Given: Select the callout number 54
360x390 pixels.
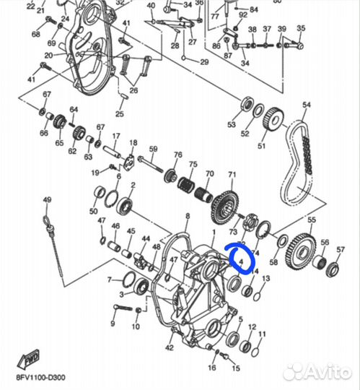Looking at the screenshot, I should pos(306,105).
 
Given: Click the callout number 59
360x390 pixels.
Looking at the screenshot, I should pos(153,149).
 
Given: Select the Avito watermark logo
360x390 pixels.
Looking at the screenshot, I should pos(318,372).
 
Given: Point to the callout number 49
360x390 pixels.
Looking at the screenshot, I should pos(47,199).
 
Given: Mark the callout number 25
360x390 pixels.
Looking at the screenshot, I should pos(120,113).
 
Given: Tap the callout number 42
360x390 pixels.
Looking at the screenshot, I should pos(169,348).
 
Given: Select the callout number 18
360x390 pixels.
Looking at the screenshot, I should pos(133,144).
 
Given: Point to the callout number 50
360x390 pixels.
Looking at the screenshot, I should pos(93,211).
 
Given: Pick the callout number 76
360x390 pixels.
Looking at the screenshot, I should pos(177,155).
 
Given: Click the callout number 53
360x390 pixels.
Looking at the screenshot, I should pos(232,125).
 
